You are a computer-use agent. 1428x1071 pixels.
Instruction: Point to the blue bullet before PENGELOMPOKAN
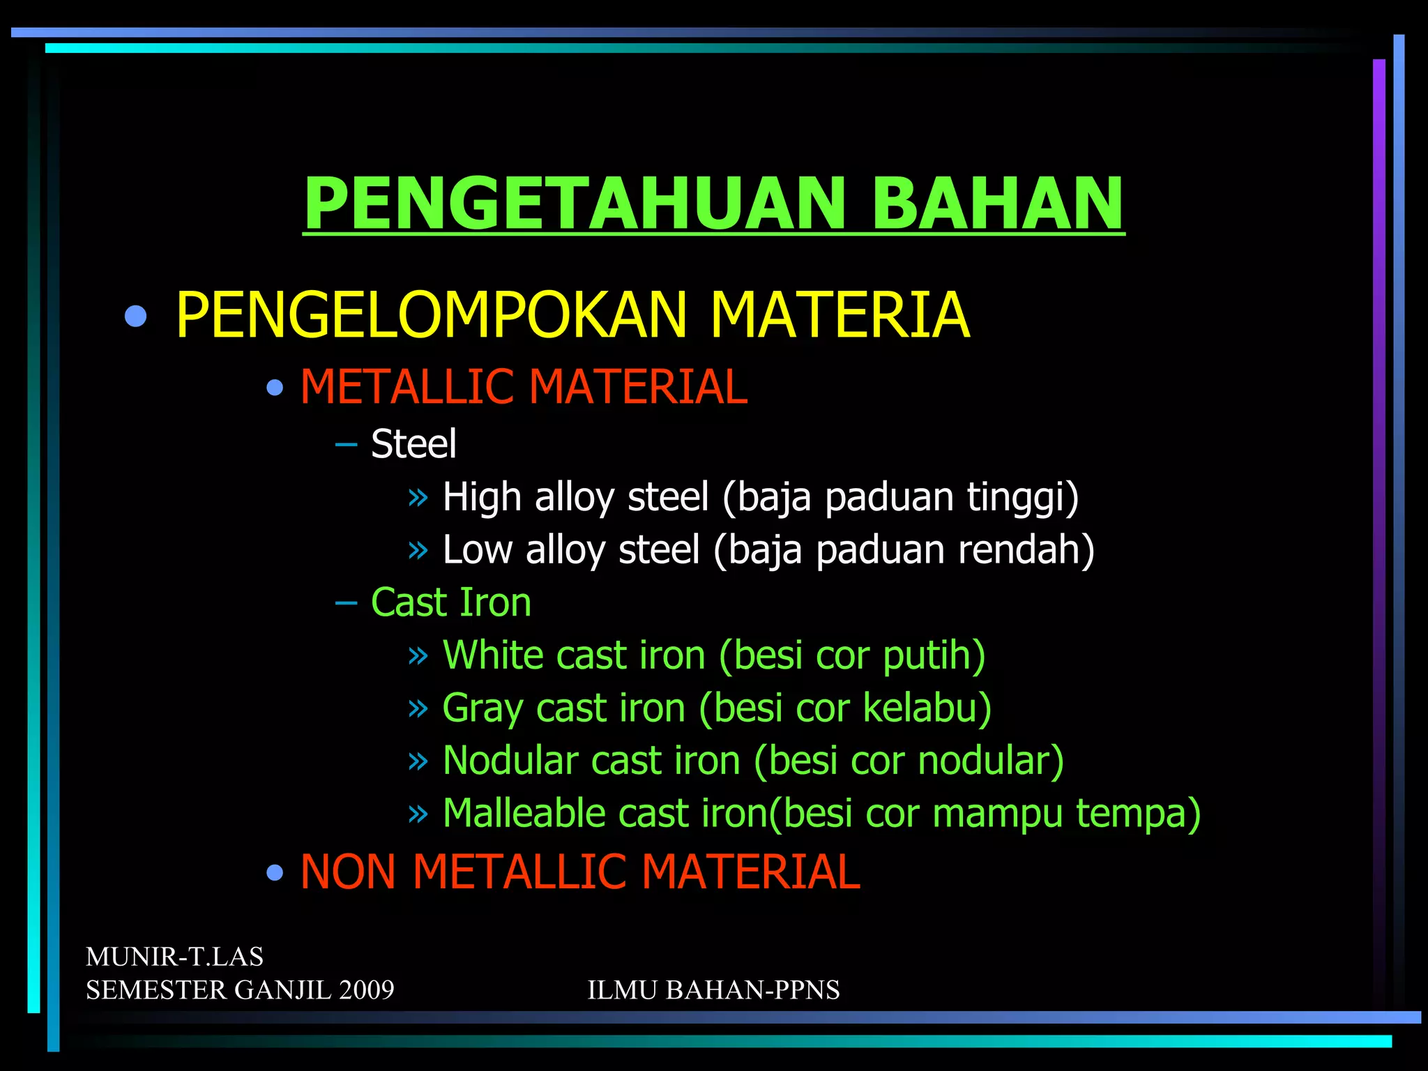coord(136,317)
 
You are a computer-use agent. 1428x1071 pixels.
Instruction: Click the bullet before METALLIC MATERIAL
coord(275,388)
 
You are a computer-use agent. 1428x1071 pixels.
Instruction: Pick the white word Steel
coord(413,443)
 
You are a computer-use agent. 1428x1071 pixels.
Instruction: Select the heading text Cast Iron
coord(451,602)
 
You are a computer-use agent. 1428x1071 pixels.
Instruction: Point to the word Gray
coord(483,708)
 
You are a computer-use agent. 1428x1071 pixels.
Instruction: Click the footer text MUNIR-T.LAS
coord(174,957)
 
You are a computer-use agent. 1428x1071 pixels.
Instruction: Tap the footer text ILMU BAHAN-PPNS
coord(713,990)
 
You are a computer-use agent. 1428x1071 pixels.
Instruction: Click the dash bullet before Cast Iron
coord(346,603)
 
